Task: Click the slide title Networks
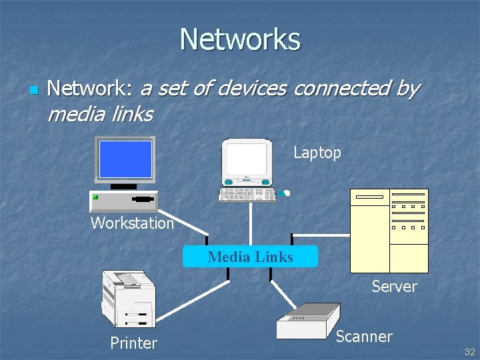(x=240, y=39)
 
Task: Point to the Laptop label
(x=317, y=153)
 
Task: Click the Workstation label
(x=132, y=223)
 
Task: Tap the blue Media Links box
(x=251, y=257)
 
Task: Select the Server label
(x=394, y=287)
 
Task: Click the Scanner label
(x=364, y=337)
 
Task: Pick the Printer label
(x=133, y=343)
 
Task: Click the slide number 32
(x=469, y=352)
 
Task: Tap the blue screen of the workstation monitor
(x=125, y=159)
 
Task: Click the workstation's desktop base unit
(x=124, y=200)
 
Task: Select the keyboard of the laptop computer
(x=247, y=195)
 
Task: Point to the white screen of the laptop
(x=247, y=159)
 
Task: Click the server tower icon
(x=389, y=230)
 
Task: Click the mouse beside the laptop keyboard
(x=286, y=193)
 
